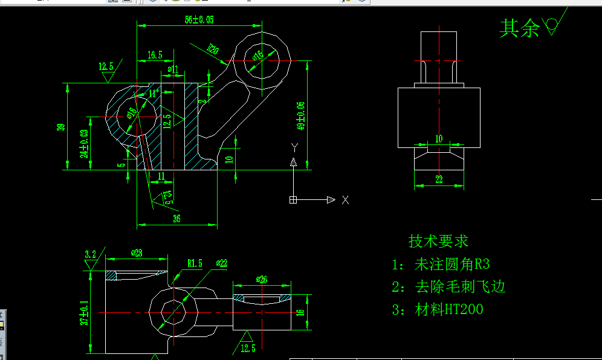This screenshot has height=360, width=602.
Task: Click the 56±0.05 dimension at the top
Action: click(199, 20)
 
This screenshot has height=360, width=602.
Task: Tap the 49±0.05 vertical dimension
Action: click(300, 116)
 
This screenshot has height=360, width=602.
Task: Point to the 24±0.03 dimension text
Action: click(85, 143)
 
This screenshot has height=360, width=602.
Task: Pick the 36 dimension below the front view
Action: click(176, 218)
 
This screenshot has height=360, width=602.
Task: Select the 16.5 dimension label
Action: click(155, 55)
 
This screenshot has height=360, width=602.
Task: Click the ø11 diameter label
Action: click(173, 69)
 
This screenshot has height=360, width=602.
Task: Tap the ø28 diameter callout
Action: click(136, 254)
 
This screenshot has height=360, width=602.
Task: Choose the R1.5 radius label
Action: click(195, 263)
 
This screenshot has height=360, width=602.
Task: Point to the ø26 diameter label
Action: click(262, 280)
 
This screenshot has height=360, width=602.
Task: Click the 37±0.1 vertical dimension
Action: click(85, 313)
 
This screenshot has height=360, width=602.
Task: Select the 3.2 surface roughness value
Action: click(91, 254)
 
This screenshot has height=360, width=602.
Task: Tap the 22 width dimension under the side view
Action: click(439, 179)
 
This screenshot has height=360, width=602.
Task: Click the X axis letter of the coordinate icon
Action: click(345, 200)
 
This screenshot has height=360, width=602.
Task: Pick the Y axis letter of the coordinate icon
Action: click(294, 147)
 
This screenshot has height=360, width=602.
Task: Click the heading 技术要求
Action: click(439, 242)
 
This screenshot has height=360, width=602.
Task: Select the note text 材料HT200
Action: click(449, 310)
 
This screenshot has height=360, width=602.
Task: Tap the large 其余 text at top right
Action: click(519, 28)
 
